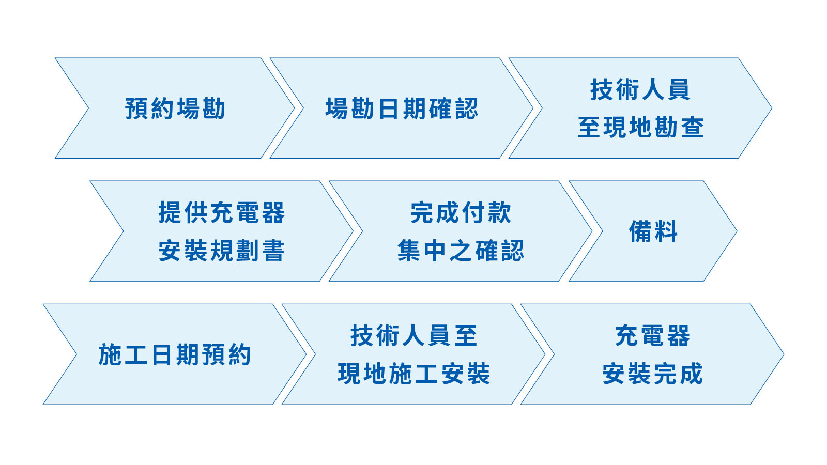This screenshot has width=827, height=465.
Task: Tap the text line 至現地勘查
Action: pyautogui.click(x=640, y=127)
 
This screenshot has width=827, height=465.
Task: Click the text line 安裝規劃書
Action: pyautogui.click(x=222, y=251)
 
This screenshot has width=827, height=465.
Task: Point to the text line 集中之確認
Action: pyautogui.click(x=461, y=251)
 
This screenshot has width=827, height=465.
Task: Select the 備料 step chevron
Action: pyautogui.click(x=653, y=231)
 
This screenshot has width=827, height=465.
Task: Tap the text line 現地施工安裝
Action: pyautogui.click(x=414, y=374)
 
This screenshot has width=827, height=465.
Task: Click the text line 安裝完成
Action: pyautogui.click(x=653, y=374)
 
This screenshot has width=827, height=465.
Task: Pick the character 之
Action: pyautogui.click(x=461, y=251)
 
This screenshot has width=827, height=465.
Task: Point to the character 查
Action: pyautogui.click(x=693, y=127)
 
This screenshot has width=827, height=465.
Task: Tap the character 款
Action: pyautogui.click(x=499, y=212)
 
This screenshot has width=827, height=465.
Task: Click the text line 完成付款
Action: pyautogui.click(x=461, y=212)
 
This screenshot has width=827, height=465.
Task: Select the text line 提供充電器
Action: pyautogui.click(x=222, y=212)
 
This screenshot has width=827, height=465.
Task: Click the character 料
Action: pyautogui.click(x=666, y=231)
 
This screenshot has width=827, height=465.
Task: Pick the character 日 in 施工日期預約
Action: pyautogui.click(x=161, y=354)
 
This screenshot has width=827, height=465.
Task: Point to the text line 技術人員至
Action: pyautogui.click(x=414, y=335)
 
